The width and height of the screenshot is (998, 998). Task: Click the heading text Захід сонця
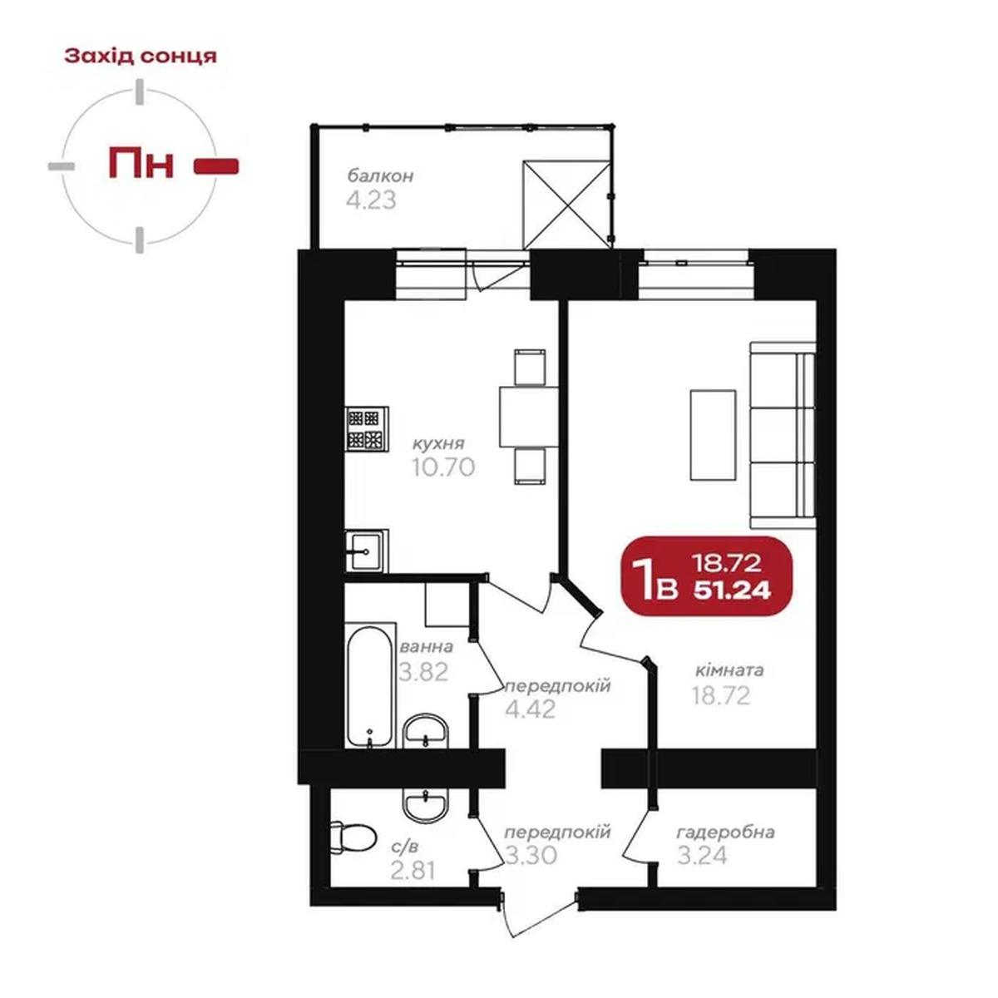coord(141,56)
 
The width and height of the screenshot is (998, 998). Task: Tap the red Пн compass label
coord(141,163)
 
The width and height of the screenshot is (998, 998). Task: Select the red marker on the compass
coord(216,166)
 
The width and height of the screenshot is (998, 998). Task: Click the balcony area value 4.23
coord(371,200)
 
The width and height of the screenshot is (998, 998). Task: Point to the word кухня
coord(438,443)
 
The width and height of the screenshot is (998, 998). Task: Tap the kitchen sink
coord(366,550)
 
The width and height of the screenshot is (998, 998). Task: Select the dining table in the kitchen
coord(529,417)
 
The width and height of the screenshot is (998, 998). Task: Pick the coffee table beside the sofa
coord(713,435)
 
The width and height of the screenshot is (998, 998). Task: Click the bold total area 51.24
coord(732,590)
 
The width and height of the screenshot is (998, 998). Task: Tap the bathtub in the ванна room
coord(369,685)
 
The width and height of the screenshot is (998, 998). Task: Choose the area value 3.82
coord(423,672)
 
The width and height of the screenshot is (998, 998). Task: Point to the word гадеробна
coord(725,832)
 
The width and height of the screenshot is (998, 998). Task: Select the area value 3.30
coord(531,855)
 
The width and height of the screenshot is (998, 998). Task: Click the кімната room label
coord(729,670)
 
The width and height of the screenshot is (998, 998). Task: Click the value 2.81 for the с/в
coord(413,871)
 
